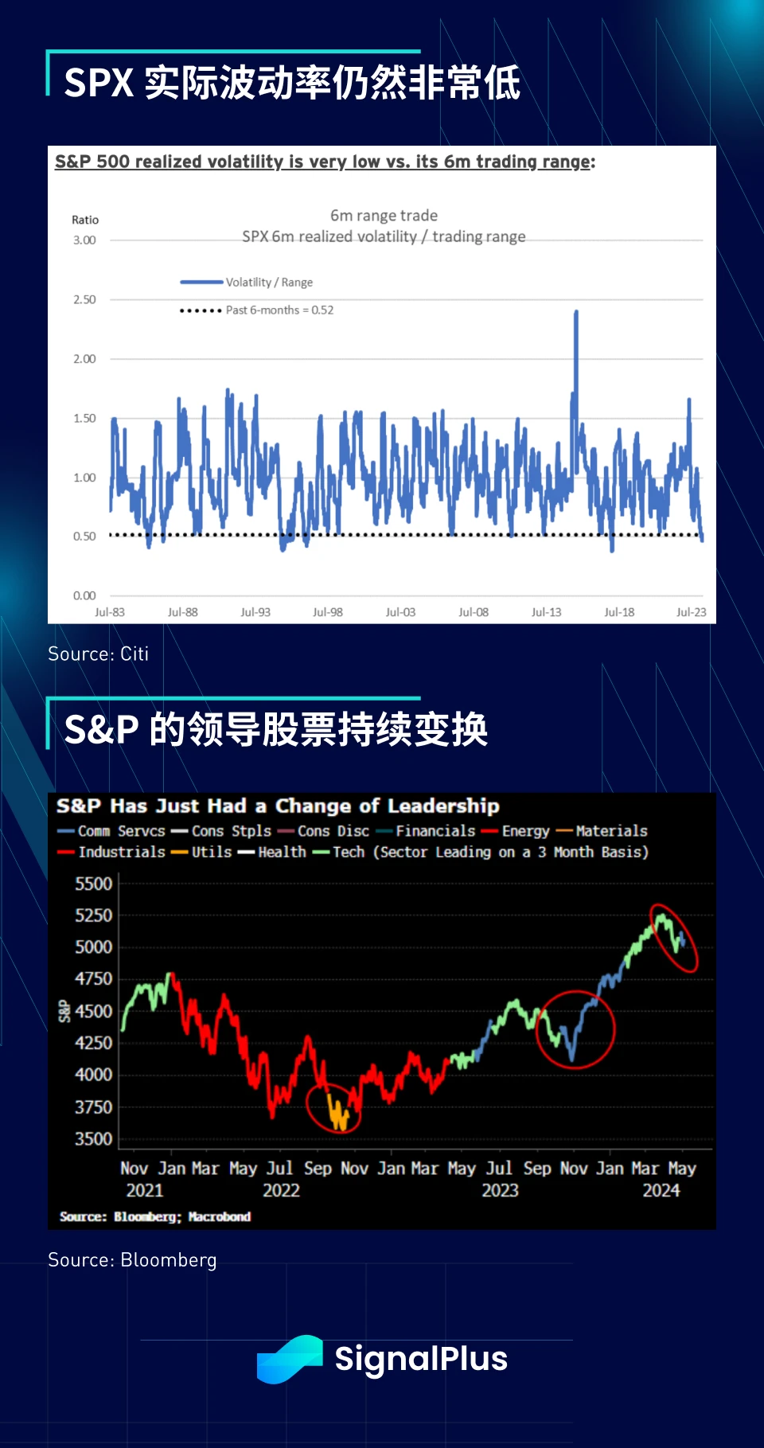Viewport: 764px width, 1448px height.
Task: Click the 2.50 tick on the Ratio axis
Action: coord(84,300)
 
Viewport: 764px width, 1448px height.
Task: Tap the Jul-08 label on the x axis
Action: coord(474,612)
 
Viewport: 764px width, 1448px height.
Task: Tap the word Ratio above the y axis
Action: coord(85,221)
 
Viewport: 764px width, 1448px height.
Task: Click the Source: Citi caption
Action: coord(98,654)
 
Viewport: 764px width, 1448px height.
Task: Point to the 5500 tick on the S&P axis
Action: coord(93,884)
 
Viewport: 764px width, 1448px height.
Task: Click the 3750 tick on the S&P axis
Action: coord(93,1107)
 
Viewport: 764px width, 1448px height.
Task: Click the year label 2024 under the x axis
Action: coord(661,1191)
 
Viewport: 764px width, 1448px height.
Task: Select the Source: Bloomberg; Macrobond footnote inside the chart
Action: coord(155,1217)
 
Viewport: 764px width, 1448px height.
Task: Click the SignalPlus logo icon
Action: coord(289,1360)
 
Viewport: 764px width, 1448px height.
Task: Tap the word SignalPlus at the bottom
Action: coord(421,1360)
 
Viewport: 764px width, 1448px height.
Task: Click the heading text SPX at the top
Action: coord(99,83)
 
